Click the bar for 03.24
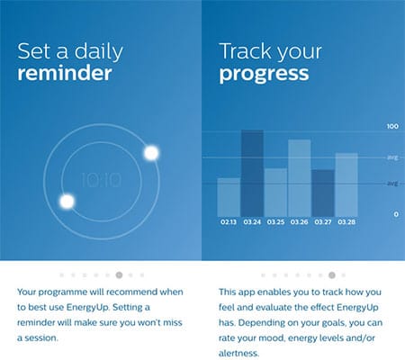(252, 173)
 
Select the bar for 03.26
(300, 178)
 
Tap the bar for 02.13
(229, 197)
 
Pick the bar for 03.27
(323, 193)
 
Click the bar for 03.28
(346, 184)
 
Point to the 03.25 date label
(275, 222)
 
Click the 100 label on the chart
(392, 126)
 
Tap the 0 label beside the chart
(396, 214)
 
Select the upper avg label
(392, 157)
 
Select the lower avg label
(392, 183)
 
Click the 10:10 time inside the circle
(102, 180)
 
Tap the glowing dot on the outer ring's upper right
(151, 153)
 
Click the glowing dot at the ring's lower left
(67, 202)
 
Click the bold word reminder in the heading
(65, 74)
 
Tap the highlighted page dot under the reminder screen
(119, 274)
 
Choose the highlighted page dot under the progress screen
(332, 274)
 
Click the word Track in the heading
(246, 51)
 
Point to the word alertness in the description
(238, 353)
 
